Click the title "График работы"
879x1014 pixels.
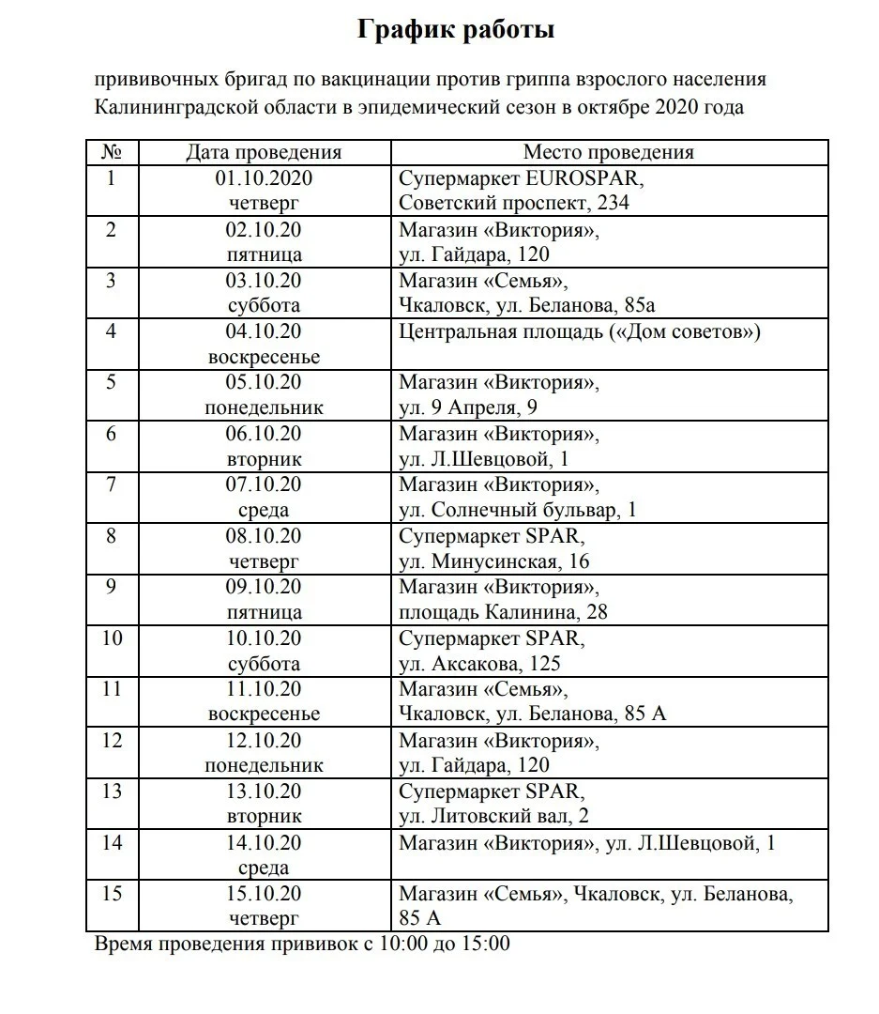click(x=456, y=30)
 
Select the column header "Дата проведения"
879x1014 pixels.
click(x=264, y=152)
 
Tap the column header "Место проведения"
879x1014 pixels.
click(x=608, y=152)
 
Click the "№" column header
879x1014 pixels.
click(x=112, y=152)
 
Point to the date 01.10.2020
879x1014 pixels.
click(x=264, y=178)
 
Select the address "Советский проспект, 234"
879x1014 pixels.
click(x=514, y=203)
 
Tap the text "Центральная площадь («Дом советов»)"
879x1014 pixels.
click(x=579, y=331)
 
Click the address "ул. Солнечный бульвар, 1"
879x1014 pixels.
click(x=518, y=510)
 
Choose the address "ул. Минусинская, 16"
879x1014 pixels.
click(x=493, y=561)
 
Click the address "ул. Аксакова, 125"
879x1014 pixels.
click(x=480, y=664)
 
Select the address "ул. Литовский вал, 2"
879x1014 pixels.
click(x=493, y=817)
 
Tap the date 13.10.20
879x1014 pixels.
click(x=264, y=791)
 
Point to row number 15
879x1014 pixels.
click(x=112, y=893)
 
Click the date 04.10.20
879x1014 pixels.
click(x=264, y=331)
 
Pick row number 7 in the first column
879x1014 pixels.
click(x=112, y=484)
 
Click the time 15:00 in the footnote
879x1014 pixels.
click(x=486, y=944)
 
